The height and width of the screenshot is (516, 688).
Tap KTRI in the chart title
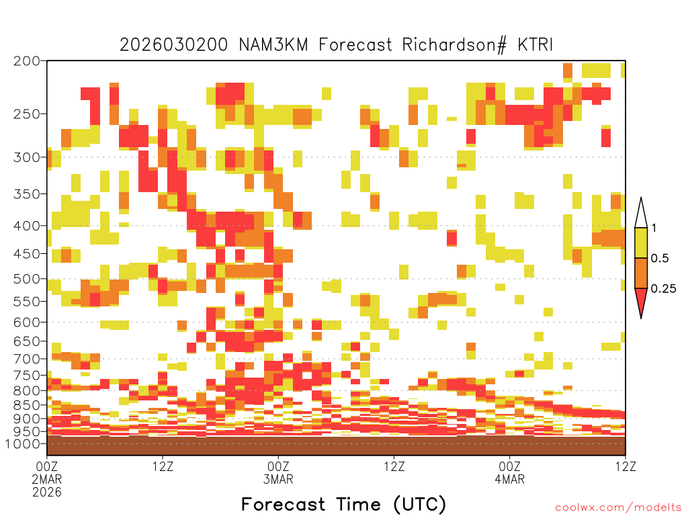[x=535, y=45]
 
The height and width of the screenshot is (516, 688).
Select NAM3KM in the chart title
[x=274, y=45]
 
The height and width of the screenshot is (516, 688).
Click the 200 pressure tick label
[x=26, y=61]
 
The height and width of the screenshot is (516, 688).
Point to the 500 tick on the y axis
[x=26, y=279]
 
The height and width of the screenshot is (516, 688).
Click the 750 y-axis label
[x=26, y=376]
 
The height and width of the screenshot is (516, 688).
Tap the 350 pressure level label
[x=26, y=194]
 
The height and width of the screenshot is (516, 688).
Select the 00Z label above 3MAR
[x=278, y=466]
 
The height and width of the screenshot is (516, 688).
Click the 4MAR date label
[x=509, y=479]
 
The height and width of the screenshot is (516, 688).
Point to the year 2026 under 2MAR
[x=47, y=492]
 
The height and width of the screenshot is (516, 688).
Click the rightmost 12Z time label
[x=625, y=466]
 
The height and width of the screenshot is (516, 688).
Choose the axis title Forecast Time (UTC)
[x=343, y=504]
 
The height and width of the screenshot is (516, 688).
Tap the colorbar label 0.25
[x=663, y=289]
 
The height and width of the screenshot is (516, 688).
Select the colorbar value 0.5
[x=660, y=259]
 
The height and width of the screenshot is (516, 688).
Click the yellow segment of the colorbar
[x=641, y=243]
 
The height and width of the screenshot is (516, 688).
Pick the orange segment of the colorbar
[x=641, y=273]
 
